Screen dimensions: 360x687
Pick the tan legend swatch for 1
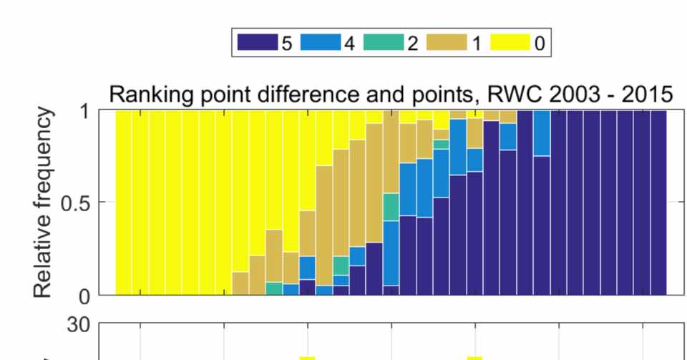447,43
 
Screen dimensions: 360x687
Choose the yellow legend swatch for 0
511,43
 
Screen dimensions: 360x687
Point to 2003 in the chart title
523,94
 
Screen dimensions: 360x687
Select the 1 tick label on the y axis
84,112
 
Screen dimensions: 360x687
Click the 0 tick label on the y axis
84,295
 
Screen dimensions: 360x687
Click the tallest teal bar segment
391,207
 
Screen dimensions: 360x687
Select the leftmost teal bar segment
273,288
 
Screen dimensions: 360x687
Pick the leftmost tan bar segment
240,283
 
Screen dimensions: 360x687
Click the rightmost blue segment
542,133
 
